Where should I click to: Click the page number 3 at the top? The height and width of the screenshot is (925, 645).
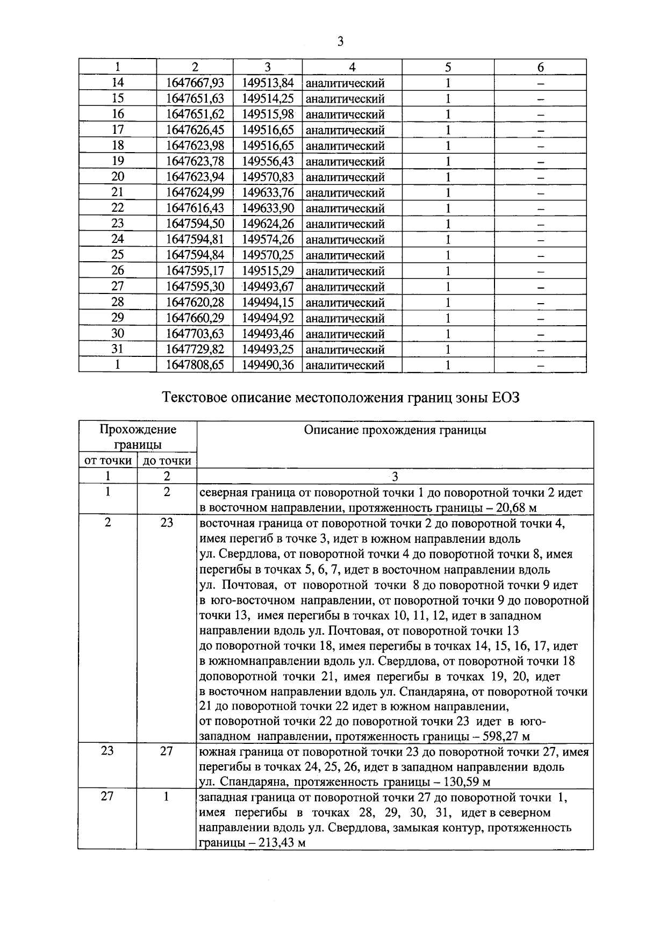tap(339, 41)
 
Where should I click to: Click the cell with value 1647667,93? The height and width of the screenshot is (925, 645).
tap(195, 83)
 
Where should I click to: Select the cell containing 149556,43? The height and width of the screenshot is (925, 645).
tap(268, 161)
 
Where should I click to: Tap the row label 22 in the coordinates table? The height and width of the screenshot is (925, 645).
tap(117, 208)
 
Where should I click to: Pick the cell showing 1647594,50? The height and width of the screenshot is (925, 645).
tap(195, 224)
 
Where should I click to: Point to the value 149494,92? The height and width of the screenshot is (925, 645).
tap(268, 318)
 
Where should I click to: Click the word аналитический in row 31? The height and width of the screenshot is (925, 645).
tap(345, 350)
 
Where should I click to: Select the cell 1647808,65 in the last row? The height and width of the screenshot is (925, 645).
tap(195, 365)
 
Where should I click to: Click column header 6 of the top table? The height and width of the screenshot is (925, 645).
tap(540, 67)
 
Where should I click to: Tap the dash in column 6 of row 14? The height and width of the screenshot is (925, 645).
tap(540, 84)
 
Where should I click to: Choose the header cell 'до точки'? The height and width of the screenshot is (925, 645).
tap(167, 461)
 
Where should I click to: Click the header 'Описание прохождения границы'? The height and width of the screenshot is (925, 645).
tap(395, 430)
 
